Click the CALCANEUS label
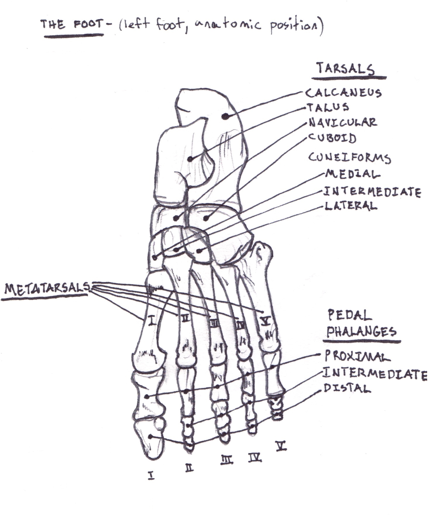(343, 93)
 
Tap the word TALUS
(328, 108)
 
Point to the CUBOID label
(332, 138)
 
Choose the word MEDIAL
(353, 174)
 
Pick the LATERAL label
(351, 206)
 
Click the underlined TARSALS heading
(345, 69)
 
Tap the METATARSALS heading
(47, 289)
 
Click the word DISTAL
(347, 388)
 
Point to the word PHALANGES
(361, 332)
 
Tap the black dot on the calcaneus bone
(225, 116)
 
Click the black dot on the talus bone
(190, 159)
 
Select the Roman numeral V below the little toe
(281, 446)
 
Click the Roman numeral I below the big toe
(151, 476)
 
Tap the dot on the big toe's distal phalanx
(151, 437)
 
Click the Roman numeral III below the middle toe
(227, 461)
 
